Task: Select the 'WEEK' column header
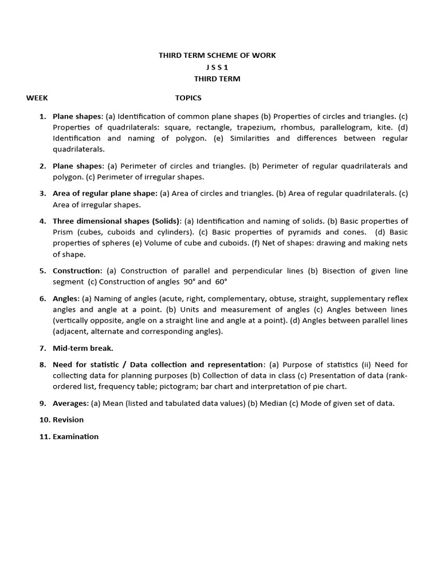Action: (x=37, y=98)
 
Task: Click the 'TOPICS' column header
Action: (x=188, y=98)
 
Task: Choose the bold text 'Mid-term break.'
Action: (x=83, y=348)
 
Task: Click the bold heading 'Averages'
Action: (x=70, y=403)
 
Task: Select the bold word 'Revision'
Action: (x=68, y=420)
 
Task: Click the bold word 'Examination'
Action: (x=76, y=436)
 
